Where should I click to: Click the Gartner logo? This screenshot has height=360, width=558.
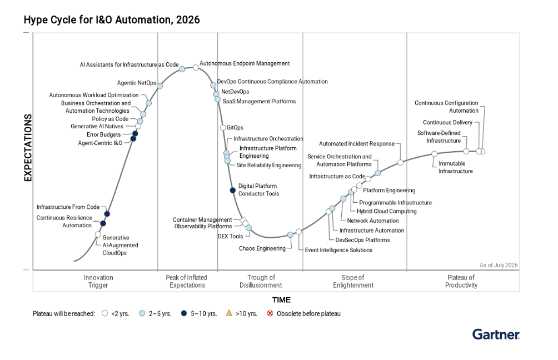click(x=496, y=334)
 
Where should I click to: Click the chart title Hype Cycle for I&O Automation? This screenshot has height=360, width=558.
click(x=112, y=19)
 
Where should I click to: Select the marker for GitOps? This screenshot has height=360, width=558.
click(x=223, y=128)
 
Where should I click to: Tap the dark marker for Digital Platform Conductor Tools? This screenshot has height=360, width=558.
click(x=233, y=191)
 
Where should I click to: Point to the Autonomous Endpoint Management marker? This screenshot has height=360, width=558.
click(x=196, y=68)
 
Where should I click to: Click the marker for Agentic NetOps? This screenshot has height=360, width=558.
click(x=160, y=86)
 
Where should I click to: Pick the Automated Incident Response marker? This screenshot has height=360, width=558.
click(x=400, y=163)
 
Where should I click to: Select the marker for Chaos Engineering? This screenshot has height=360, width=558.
click(x=290, y=235)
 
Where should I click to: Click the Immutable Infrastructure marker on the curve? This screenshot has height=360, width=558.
click(x=434, y=154)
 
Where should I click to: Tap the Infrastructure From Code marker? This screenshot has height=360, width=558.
click(x=107, y=214)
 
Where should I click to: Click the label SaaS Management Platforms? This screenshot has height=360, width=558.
click(x=259, y=101)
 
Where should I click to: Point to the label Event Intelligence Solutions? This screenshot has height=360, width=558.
click(x=338, y=250)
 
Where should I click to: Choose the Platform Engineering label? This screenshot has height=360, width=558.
click(x=389, y=191)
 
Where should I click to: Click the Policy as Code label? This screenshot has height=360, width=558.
click(x=110, y=119)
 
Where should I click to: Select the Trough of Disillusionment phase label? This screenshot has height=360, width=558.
click(x=261, y=281)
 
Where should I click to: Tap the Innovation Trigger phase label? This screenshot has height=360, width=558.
click(x=98, y=281)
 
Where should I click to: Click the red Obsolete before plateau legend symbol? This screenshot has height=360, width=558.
click(x=270, y=313)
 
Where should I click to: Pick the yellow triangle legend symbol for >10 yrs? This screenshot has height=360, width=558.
click(x=229, y=313)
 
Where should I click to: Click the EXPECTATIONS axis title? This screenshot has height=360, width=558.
click(x=28, y=148)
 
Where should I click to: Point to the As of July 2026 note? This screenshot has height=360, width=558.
click(x=498, y=265)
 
